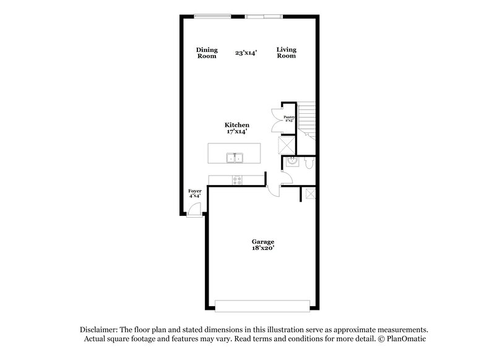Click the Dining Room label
coord(207,53)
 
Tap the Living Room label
coord(286,53)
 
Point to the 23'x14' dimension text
coord(246,53)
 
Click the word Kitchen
coord(236,125)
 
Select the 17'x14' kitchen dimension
coord(236,132)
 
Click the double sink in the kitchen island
coord(234,158)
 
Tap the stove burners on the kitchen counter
coord(236,180)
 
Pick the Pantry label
coord(288,117)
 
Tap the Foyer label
coord(195,191)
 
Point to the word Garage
coord(262,241)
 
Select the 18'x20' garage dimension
coord(262,248)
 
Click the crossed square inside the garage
coord(308,194)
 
